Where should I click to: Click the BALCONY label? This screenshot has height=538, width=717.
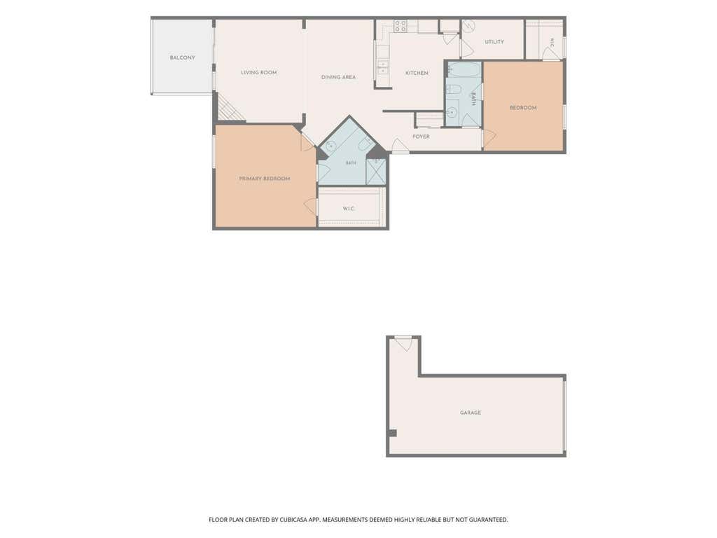pyautogui.click(x=182, y=57)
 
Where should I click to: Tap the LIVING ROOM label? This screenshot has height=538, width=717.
pyautogui.click(x=259, y=72)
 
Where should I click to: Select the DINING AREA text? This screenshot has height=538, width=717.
pyautogui.click(x=338, y=77)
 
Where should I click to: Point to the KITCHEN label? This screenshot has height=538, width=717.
pyautogui.click(x=417, y=73)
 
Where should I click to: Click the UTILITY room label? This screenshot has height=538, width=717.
pyautogui.click(x=494, y=41)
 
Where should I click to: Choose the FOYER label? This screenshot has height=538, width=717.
pyautogui.click(x=421, y=137)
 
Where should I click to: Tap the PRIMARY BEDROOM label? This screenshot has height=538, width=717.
pyautogui.click(x=264, y=179)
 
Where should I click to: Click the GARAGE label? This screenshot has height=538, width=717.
pyautogui.click(x=471, y=413)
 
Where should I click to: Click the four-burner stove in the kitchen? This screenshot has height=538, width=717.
pyautogui.click(x=401, y=26)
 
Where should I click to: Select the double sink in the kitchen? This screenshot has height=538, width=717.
pyautogui.click(x=382, y=67)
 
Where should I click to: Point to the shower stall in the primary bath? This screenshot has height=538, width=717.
pyautogui.click(x=376, y=172)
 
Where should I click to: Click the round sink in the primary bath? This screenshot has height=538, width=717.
pyautogui.click(x=331, y=146)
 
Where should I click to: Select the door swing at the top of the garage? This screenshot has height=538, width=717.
pyautogui.click(x=404, y=345)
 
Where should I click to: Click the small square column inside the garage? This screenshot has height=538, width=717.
pyautogui.click(x=393, y=433)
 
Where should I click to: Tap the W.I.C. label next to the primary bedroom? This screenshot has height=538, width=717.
pyautogui.click(x=349, y=209)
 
